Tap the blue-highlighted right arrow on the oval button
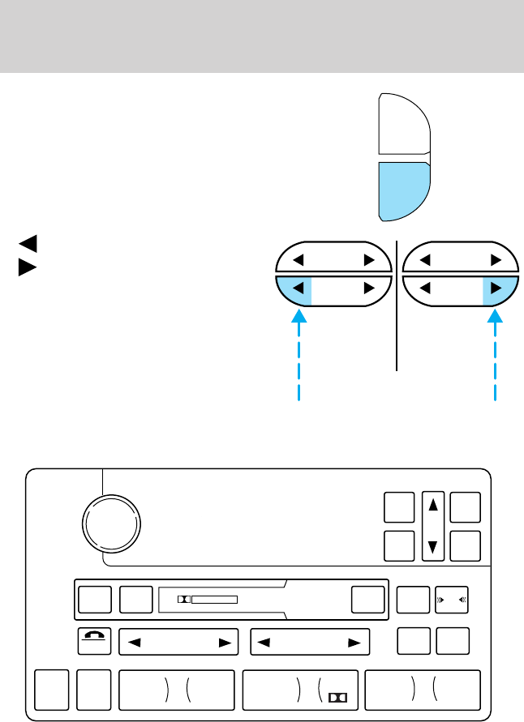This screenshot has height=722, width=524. click(494, 287)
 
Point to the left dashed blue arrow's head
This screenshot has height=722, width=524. click(300, 318)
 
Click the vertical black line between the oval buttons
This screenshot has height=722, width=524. click(397, 340)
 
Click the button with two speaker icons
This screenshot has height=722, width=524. click(451, 600)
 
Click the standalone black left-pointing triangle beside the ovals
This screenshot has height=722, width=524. click(27, 241)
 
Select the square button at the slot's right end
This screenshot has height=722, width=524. click(367, 600)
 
